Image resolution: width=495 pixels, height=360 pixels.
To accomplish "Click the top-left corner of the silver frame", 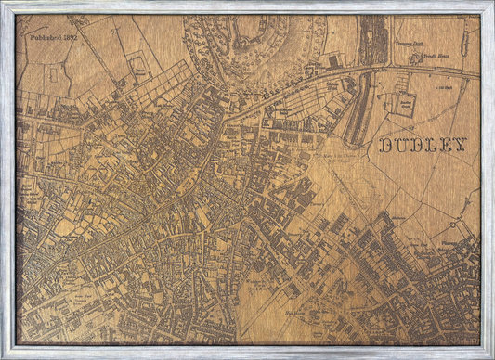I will [x=4, y=4].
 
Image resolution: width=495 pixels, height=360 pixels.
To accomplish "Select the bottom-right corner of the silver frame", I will [x=491, y=356].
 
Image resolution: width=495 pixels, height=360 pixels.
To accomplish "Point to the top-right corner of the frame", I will [x=491, y=4].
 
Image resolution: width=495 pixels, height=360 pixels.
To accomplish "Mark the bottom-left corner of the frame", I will [x=4, y=356].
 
